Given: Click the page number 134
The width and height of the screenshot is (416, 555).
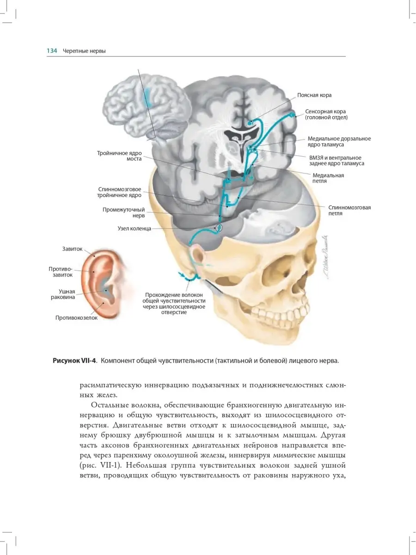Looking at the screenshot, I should (x=51, y=51).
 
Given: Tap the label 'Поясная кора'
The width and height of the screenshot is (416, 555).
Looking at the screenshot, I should (x=314, y=95).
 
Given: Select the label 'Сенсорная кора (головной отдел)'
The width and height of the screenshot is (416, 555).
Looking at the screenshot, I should (x=325, y=115).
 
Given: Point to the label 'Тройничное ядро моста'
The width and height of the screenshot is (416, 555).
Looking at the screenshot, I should (x=119, y=156).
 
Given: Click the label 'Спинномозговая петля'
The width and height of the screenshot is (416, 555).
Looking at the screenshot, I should (x=349, y=211).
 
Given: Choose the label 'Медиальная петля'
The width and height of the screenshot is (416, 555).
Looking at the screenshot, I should (x=328, y=179).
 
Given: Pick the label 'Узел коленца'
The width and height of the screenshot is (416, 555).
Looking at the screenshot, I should (x=134, y=228).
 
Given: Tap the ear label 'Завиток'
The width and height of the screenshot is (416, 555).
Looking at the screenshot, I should (x=72, y=249).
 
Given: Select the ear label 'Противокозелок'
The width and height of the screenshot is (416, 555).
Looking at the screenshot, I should (x=76, y=318).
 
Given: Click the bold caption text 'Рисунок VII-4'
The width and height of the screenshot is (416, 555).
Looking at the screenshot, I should (x=75, y=361).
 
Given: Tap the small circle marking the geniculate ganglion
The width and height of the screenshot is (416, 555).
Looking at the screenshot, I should (x=219, y=228).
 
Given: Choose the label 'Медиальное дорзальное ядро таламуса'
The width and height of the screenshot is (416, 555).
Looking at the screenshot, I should (x=339, y=142).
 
